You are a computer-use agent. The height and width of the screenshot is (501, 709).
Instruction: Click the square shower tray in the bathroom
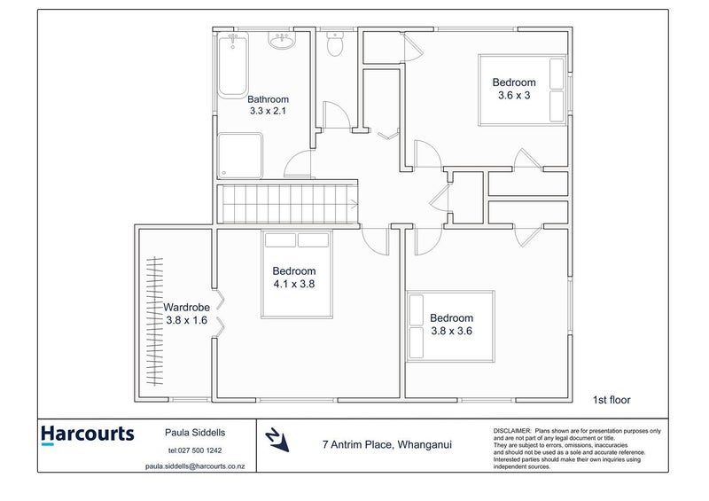pyautogui.click(x=240, y=155)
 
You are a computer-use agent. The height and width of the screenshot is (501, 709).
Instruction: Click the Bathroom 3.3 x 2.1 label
pyautogui.click(x=268, y=106)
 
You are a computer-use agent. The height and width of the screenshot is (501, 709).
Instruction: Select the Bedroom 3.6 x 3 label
pyautogui.click(x=511, y=89)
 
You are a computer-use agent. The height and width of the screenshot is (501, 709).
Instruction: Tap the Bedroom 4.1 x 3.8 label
pyautogui.click(x=294, y=278)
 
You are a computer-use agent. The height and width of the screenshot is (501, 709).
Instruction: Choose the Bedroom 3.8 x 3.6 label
pyautogui.click(x=451, y=324)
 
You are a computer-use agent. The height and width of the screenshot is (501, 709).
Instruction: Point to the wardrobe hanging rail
pyautogui.click(x=156, y=321)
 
